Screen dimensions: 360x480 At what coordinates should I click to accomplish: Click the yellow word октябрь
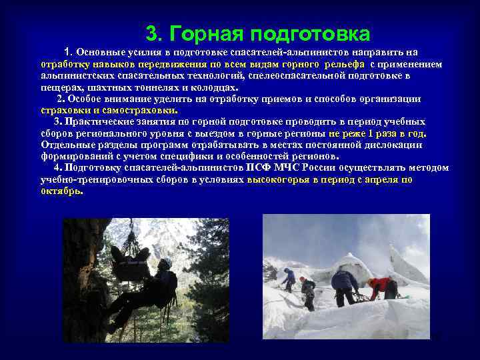[61, 190]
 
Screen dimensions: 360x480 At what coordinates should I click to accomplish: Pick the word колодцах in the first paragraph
[214, 87]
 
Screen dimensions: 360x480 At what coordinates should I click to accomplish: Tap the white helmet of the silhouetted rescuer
[164, 264]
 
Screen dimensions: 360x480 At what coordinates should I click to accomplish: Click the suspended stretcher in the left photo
[131, 261]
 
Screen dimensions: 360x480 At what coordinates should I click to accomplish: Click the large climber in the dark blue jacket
[344, 283]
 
